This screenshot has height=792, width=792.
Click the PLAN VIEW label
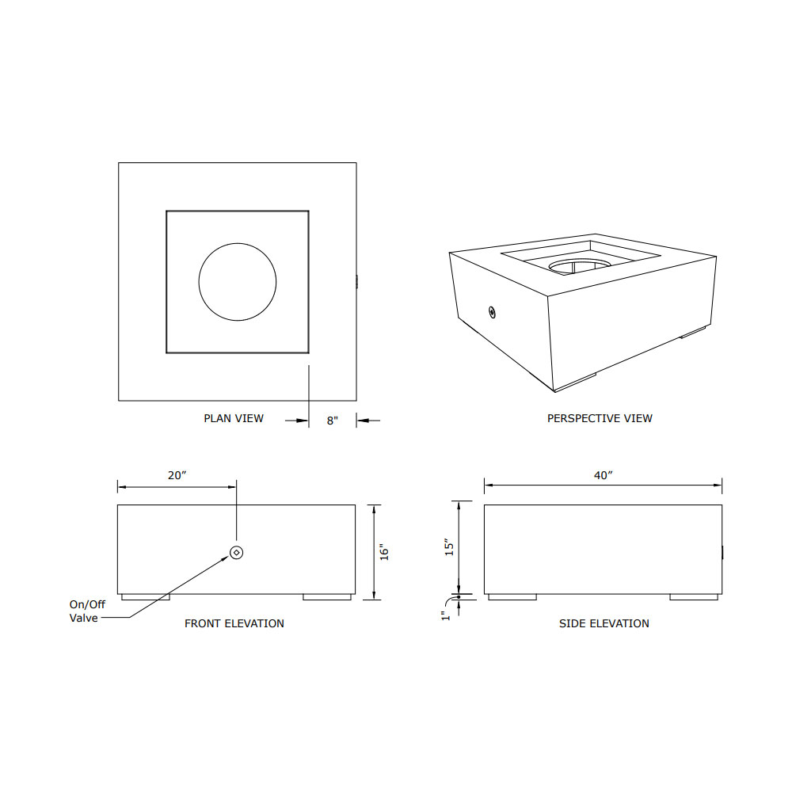point(234,418)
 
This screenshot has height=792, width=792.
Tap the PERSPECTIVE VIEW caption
point(600,418)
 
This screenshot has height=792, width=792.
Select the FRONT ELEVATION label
point(234,623)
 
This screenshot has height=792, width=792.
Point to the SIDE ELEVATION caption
point(604,623)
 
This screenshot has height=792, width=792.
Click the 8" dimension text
point(333,421)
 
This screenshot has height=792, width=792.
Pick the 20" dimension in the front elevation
point(177,475)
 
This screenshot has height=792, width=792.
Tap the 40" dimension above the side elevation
point(604,475)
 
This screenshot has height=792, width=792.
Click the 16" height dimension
point(385,552)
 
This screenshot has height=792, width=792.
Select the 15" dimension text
point(448,546)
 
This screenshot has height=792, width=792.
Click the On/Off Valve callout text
point(86,611)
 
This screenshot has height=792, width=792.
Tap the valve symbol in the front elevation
point(236,552)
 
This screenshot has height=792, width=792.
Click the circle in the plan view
point(238,281)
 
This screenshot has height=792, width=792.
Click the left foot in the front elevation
point(145,597)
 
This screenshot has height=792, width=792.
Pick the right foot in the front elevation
point(327,597)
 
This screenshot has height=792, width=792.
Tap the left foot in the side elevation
point(512,597)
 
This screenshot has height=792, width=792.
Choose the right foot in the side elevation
point(694,597)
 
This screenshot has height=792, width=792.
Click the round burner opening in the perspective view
point(581,265)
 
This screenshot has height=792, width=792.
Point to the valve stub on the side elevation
point(723,552)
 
